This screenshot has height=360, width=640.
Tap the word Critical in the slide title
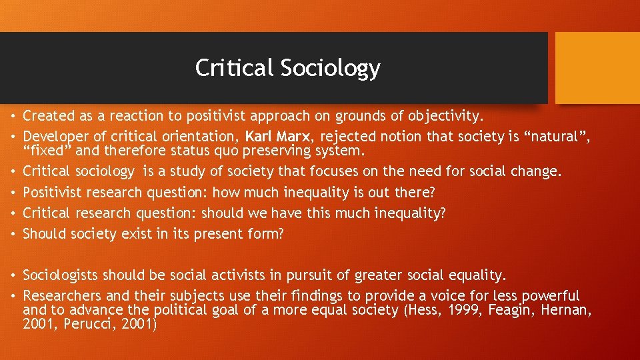(235, 68)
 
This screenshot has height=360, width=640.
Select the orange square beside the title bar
(597, 68)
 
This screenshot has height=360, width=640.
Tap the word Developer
(54, 137)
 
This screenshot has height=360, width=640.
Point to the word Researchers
(60, 295)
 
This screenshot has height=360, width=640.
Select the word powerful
(550, 295)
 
